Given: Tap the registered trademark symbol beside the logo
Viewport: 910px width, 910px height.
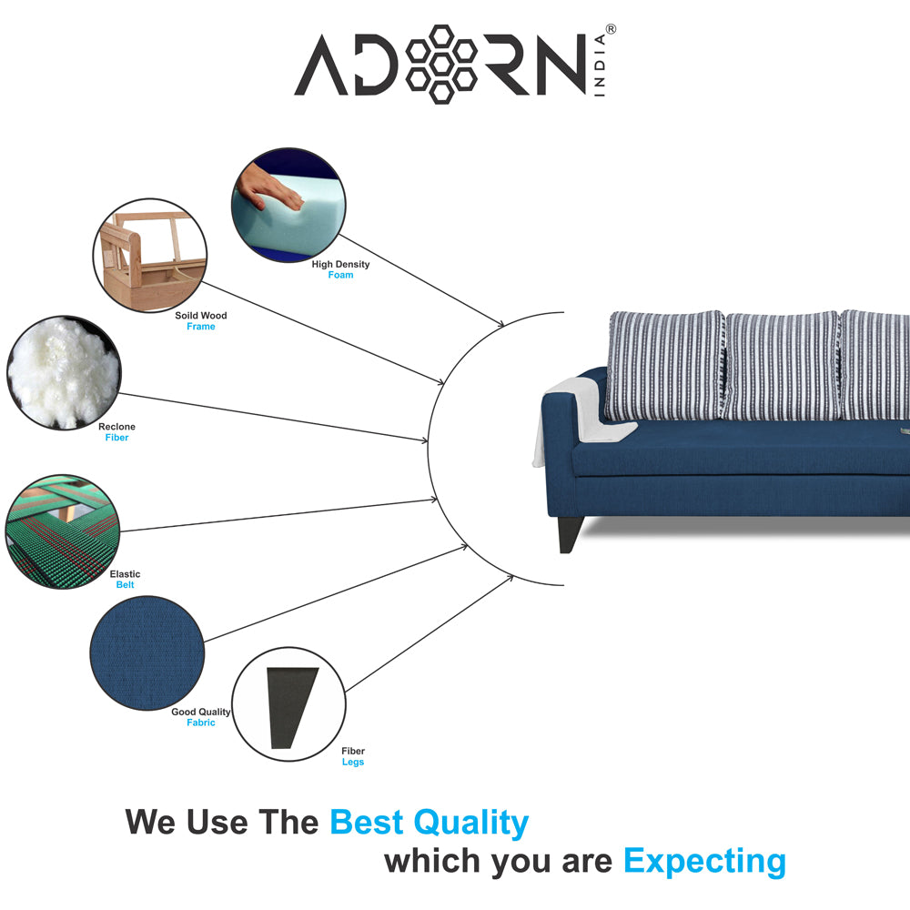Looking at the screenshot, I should click(611, 29).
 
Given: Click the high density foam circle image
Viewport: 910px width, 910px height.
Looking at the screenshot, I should click(288, 206).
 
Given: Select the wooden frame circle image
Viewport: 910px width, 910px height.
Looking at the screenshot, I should click(150, 256).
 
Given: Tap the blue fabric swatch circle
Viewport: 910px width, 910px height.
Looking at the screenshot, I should click(147, 652).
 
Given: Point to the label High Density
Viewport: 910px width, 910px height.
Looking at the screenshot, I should click(340, 265).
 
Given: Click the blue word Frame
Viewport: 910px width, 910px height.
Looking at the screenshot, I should click(201, 327).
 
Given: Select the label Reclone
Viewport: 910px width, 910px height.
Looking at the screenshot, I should click(116, 427).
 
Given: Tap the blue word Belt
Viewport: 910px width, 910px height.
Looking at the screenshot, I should click(125, 585).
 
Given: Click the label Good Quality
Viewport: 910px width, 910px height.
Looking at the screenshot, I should click(201, 713).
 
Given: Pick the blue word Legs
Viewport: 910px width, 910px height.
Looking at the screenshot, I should click(353, 763).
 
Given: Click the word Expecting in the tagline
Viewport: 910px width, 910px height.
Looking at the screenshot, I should click(704, 861).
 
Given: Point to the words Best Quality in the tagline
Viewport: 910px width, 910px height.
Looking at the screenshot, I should click(429, 823).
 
